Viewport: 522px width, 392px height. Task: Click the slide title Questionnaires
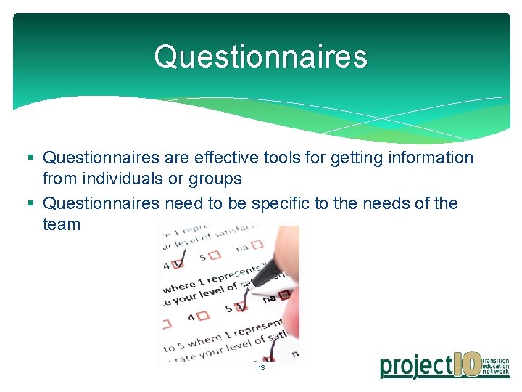point(260,57)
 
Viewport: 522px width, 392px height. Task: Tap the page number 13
point(261,368)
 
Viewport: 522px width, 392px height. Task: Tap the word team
point(62,224)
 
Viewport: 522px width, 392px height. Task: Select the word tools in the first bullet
point(291,158)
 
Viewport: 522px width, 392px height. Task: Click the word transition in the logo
point(497,360)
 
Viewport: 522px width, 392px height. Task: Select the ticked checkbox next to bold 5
point(241,306)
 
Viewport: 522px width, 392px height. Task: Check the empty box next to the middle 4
point(202,316)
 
